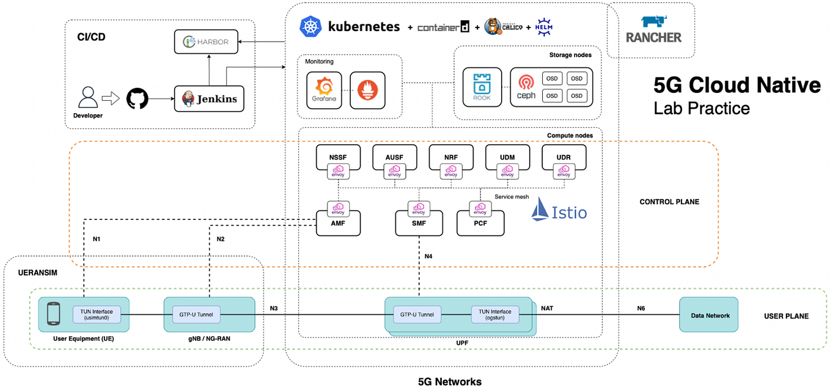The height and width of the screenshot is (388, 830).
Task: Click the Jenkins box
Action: [x=209, y=98]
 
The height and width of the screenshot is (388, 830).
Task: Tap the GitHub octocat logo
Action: [x=138, y=98]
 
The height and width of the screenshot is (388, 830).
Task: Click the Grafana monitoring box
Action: [x=323, y=90]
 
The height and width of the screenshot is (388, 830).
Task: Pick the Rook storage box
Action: [x=482, y=87]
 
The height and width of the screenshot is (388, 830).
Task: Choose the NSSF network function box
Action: [x=337, y=158]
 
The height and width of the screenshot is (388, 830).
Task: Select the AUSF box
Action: [x=394, y=158]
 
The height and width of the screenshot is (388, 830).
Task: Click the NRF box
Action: [x=450, y=158]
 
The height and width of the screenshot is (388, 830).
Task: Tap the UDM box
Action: [x=507, y=158]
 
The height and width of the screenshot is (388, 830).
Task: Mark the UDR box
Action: [x=564, y=158]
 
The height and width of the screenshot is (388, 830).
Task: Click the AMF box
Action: [x=337, y=223]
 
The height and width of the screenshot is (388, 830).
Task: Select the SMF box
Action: [x=419, y=223]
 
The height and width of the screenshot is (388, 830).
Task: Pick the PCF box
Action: [x=481, y=223]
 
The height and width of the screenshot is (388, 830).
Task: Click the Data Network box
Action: [x=708, y=315]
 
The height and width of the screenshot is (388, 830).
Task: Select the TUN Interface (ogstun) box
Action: [x=494, y=315]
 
